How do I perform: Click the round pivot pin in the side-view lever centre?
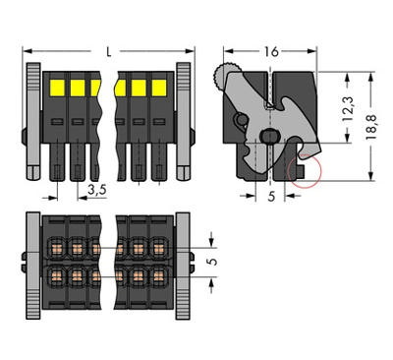pos(266,137)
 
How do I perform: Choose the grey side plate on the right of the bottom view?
pos(184,263)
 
